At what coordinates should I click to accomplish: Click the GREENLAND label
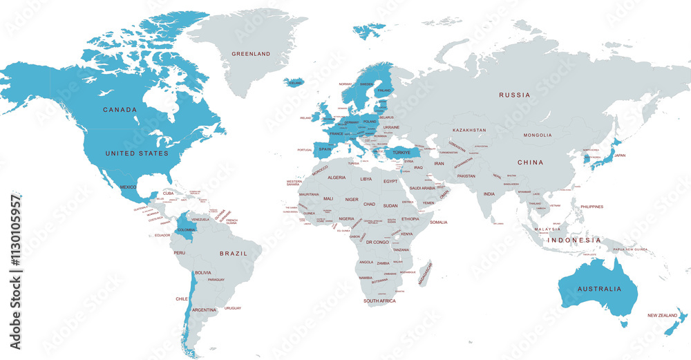pos(251,53)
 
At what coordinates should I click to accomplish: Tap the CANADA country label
pos(120,110)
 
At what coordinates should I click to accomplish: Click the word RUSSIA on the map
pos(515,95)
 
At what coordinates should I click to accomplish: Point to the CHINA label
pos(531,162)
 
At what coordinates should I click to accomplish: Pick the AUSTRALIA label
pos(589,289)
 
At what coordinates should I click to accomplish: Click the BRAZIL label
pos(234,254)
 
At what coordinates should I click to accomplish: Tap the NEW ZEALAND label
pos(661,315)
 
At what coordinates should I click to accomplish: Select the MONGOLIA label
pos(538,135)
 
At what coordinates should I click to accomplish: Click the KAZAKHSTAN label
pos(469,130)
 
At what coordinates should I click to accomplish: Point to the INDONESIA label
pos(575,240)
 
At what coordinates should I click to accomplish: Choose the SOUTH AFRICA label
pos(380,301)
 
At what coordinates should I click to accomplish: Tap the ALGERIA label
pos(336,178)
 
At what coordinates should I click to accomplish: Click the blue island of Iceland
pos(294,82)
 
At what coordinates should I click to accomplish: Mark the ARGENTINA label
pos(204,310)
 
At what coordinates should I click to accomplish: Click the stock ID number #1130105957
pos(15,272)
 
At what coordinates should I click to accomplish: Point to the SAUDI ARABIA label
pos(422,188)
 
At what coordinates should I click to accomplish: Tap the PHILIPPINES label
pos(591,207)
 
